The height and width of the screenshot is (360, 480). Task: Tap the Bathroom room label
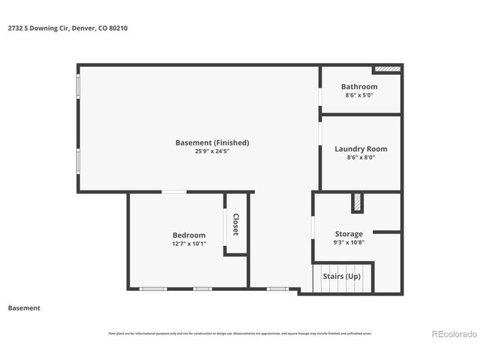coord(359,87)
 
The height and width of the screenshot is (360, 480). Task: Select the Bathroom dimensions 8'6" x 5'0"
coord(359,96)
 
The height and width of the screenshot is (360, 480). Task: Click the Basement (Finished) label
coord(211,142)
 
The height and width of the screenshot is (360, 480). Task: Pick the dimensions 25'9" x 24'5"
coord(211,151)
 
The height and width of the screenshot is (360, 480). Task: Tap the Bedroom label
coord(188,235)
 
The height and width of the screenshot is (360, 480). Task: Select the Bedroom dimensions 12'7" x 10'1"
coord(188,244)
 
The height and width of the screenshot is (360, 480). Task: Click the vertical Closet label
coord(235,224)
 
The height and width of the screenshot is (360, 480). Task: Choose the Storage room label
coord(349,234)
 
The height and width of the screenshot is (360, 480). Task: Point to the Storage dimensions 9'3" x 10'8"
coord(349,243)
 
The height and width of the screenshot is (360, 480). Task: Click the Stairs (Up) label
coord(341,277)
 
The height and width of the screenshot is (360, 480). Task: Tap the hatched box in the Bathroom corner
coord(387,70)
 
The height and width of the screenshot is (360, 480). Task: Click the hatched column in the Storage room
coord(357,202)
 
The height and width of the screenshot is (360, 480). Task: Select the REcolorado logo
coord(452,334)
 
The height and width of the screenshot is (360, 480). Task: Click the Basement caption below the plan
coord(24,308)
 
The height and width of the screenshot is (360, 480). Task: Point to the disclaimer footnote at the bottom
coord(239,334)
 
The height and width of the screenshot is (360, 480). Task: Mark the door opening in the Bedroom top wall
coord(174,193)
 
